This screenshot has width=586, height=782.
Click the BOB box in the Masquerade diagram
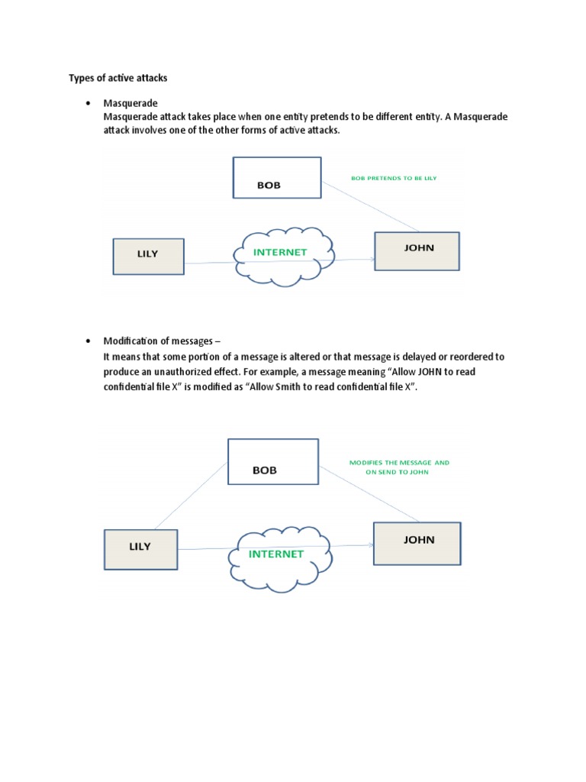tap(277, 178)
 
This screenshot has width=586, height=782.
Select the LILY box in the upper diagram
tap(148, 256)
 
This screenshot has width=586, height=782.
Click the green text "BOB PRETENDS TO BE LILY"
tap(393, 177)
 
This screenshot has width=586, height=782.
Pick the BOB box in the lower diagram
tap(272, 461)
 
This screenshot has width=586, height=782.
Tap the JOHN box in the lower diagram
tap(417, 543)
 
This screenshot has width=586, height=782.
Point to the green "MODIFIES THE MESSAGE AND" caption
tap(399, 462)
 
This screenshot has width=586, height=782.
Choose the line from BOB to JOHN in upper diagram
tap(371, 205)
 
